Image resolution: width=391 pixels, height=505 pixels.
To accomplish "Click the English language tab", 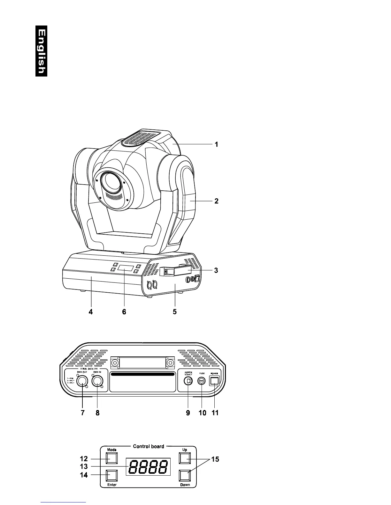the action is coord(42,51).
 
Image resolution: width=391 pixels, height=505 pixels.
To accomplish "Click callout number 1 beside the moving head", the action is coord(216,144).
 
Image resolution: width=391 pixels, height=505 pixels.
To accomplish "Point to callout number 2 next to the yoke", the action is coord(216,201).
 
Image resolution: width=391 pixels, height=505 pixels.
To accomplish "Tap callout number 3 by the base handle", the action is coord(216,270).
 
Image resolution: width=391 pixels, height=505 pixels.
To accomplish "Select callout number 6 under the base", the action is coord(124,312).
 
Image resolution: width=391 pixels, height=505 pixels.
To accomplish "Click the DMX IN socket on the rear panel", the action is coord(97,381).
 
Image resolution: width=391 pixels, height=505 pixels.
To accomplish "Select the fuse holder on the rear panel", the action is coord(202,381).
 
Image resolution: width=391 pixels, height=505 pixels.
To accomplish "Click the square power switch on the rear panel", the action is coord(214,381).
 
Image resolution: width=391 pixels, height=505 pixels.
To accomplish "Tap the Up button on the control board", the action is coord(185,458).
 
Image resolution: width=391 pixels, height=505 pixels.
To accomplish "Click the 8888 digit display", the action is coord(148,467).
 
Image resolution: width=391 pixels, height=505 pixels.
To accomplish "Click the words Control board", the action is coord(149,446).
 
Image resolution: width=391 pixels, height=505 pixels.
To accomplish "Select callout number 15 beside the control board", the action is coord(215,459).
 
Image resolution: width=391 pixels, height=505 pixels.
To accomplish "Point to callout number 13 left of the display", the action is coord(84,467).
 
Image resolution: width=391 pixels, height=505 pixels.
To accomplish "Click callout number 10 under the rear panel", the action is coord(202,413).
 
